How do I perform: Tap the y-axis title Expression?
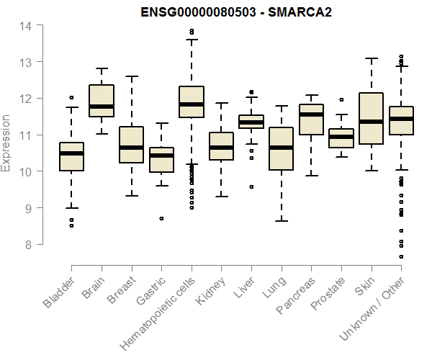6,142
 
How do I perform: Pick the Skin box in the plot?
371,119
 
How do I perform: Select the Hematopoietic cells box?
192,102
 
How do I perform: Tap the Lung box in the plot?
281,148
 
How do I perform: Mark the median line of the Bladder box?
71,153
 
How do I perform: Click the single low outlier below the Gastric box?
161,218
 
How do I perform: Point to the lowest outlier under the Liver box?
251,186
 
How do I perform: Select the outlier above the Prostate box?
341,99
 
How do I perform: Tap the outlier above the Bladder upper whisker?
71,97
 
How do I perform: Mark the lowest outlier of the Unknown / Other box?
401,256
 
